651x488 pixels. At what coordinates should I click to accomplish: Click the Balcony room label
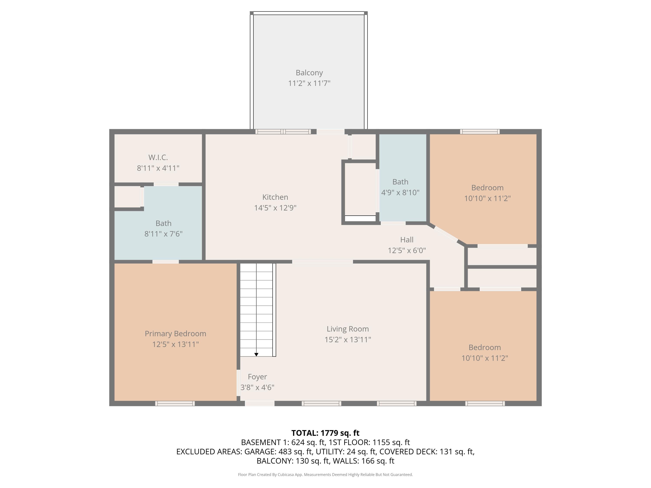(x=309, y=73)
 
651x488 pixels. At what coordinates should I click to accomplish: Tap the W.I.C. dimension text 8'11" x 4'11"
(x=158, y=168)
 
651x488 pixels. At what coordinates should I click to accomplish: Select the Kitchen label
(x=275, y=197)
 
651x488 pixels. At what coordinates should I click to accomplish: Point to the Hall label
(x=406, y=240)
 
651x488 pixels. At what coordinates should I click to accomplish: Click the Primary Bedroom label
(x=175, y=334)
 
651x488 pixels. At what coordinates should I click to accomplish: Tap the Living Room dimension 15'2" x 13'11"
(x=348, y=340)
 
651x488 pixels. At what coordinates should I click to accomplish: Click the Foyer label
(x=257, y=377)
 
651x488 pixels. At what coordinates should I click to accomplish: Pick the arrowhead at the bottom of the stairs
(x=256, y=354)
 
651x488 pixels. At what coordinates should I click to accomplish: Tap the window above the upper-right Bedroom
(x=480, y=131)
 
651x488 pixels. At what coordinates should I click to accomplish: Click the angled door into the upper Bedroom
(x=446, y=234)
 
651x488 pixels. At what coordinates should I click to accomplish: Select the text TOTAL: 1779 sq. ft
(x=325, y=433)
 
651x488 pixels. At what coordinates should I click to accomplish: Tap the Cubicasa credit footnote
(x=325, y=475)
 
